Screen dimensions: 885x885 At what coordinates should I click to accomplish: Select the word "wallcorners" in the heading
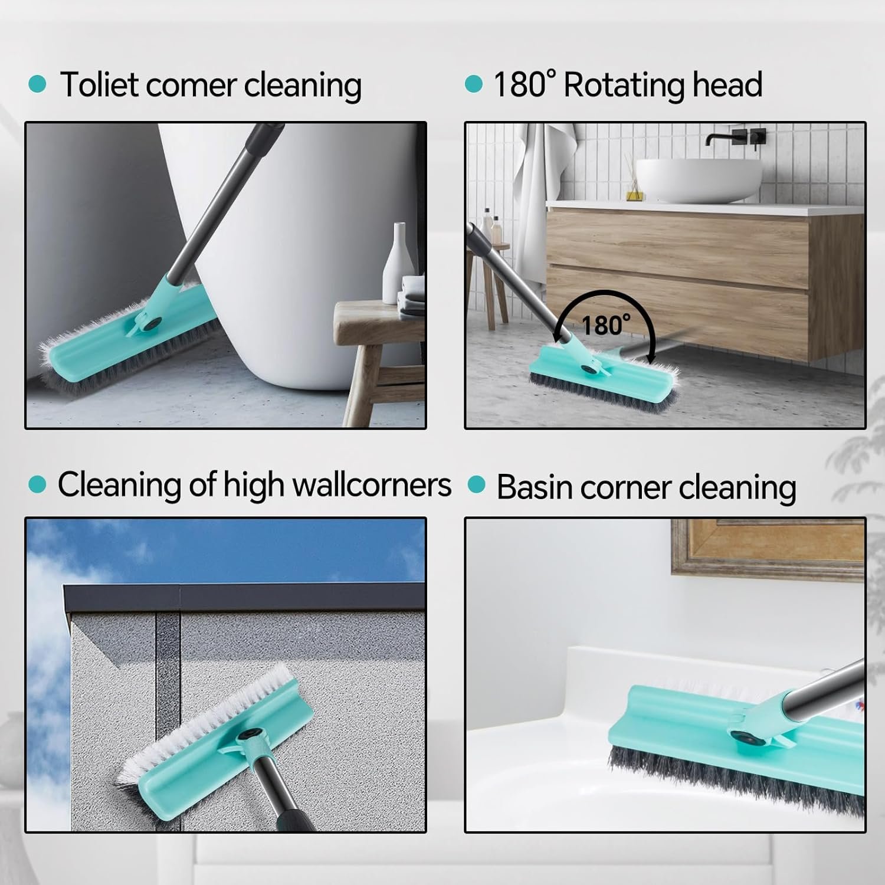coord(372,485)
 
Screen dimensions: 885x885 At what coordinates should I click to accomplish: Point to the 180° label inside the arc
coord(605,325)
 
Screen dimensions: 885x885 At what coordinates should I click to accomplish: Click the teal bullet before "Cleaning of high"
coord(37,485)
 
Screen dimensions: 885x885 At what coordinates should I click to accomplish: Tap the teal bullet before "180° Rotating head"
coord(474,84)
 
